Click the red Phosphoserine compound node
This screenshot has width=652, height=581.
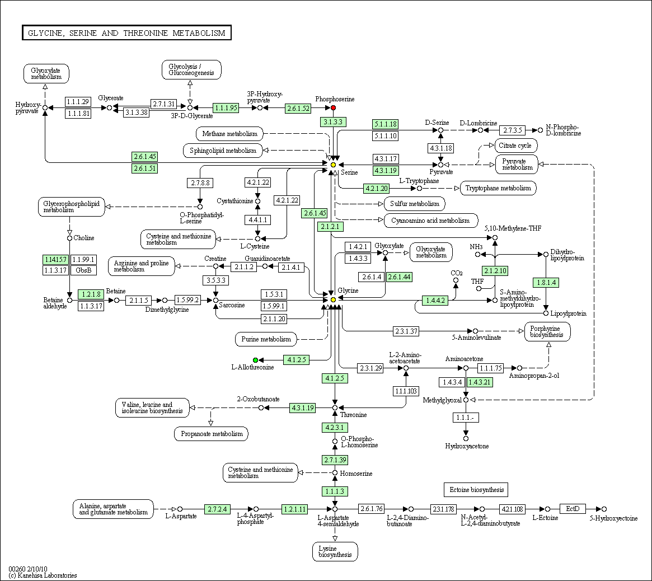tap(333, 107)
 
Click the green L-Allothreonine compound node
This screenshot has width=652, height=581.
tap(255, 360)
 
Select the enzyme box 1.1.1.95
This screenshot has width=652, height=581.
tap(226, 107)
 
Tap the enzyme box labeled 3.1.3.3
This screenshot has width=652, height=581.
tap(333, 122)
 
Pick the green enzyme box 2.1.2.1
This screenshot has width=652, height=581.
tap(330, 227)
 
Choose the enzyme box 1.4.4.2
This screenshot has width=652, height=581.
tap(435, 300)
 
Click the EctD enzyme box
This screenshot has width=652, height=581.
tap(573, 509)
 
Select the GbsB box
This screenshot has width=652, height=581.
tap(83, 270)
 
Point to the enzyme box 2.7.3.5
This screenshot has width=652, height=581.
tap(513, 130)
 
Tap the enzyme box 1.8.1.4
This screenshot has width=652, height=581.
tap(546, 283)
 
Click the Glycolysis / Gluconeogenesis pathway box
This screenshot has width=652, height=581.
tap(191, 69)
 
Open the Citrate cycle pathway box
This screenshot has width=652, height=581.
tap(515, 146)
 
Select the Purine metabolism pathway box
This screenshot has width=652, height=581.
tap(266, 339)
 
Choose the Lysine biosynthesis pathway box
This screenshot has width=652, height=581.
tap(335, 551)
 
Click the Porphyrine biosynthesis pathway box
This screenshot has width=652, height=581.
tap(547, 331)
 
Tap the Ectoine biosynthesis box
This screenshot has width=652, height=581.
tap(476, 490)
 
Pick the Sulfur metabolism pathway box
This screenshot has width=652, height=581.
tap(415, 204)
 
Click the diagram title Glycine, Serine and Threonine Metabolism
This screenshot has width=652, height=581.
tap(126, 33)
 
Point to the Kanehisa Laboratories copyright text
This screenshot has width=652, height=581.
tap(43, 575)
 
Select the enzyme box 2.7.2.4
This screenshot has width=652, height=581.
tap(217, 509)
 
